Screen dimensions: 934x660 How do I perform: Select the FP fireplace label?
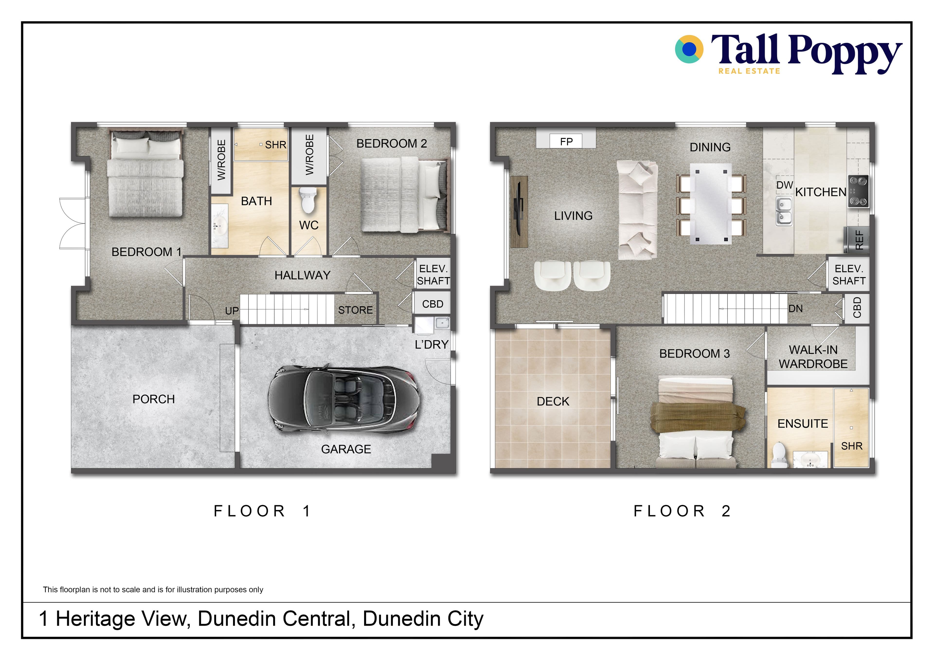(x=566, y=141)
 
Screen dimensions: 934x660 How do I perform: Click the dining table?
(x=711, y=204)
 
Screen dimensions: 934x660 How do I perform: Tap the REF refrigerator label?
(x=859, y=240)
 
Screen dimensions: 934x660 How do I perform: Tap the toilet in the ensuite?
(x=779, y=454)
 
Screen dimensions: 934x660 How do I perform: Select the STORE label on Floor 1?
(x=355, y=310)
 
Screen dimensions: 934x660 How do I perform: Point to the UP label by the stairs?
(x=232, y=311)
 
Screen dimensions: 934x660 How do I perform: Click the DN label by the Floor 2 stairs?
(x=796, y=309)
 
